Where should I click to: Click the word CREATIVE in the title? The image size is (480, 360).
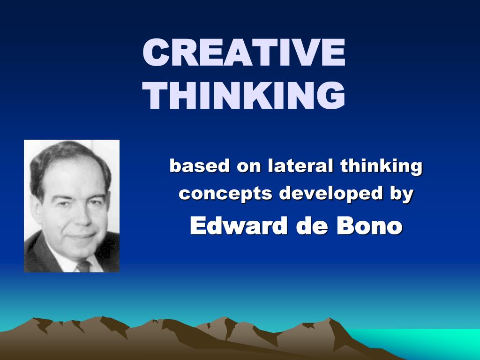click(x=244, y=53)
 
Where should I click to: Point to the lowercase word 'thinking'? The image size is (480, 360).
click(x=382, y=167)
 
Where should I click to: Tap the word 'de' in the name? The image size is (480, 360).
click(x=310, y=226)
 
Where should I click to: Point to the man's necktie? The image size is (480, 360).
click(x=83, y=266)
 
